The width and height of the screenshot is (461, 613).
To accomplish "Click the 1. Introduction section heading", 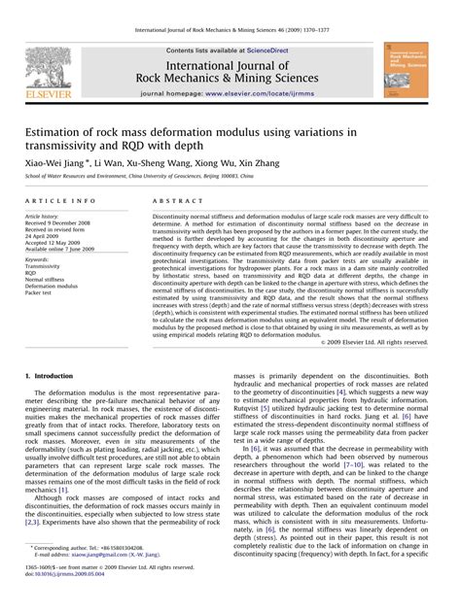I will click(x=53, y=374).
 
